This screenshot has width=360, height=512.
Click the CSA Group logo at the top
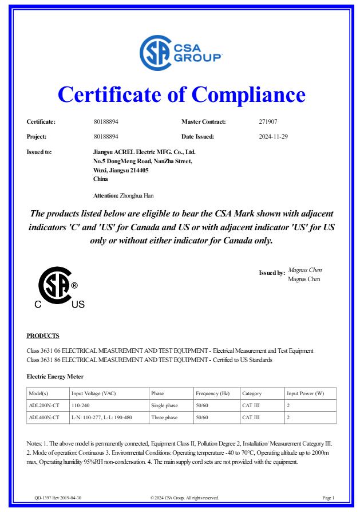(x=180, y=53)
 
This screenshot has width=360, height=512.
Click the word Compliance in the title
(x=248, y=94)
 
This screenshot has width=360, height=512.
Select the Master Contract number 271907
(x=268, y=122)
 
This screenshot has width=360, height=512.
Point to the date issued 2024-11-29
(x=274, y=137)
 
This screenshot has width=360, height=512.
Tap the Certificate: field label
(x=41, y=122)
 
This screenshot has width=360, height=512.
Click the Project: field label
(x=37, y=137)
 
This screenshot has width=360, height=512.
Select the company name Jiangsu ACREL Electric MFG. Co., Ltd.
(x=144, y=152)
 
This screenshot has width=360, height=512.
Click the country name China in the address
(x=100, y=179)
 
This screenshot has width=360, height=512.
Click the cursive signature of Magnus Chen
(x=304, y=270)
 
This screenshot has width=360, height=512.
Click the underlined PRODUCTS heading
(x=43, y=336)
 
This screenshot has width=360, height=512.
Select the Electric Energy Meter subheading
(x=56, y=376)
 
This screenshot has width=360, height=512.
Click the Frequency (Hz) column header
(x=212, y=393)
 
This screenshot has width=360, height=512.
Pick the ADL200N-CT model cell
(x=43, y=405)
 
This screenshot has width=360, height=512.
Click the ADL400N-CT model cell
(x=43, y=418)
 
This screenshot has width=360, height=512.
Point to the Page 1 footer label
(x=329, y=498)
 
